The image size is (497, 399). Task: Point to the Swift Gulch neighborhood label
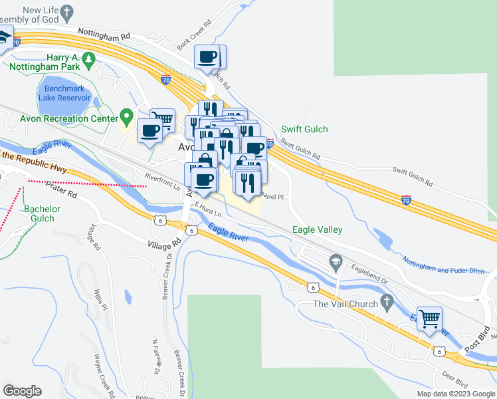point(304,129)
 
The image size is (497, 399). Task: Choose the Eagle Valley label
point(318,229)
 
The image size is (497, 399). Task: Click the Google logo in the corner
point(23,391)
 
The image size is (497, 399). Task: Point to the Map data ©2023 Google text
point(456,394)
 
